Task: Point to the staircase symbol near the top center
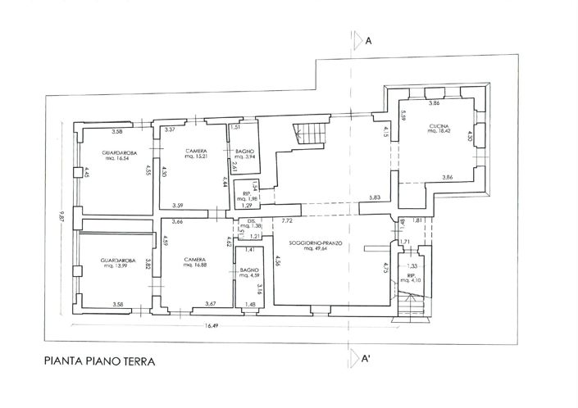coord(311,134)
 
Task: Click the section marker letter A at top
coord(370,39)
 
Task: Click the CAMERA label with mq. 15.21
coord(196,153)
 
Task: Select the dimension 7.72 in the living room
coord(288,221)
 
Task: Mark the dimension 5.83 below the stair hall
coord(375,198)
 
